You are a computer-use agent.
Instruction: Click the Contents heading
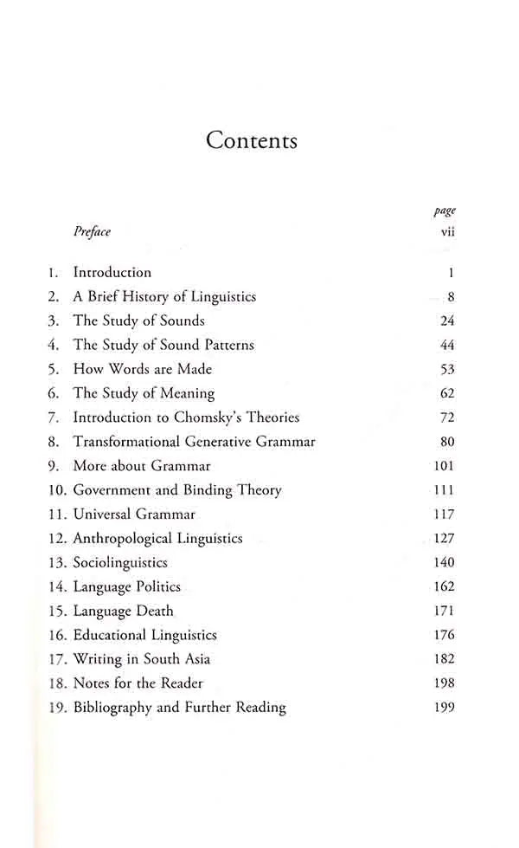pyautogui.click(x=252, y=140)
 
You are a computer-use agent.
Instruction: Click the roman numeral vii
pyautogui.click(x=447, y=232)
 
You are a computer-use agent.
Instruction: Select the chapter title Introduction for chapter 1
pyautogui.click(x=112, y=272)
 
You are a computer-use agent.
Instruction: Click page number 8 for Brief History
pyautogui.click(x=452, y=296)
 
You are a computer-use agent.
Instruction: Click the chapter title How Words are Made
pyautogui.click(x=142, y=369)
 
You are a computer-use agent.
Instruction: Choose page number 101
pyautogui.click(x=444, y=465)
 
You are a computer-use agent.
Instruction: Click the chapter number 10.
pyautogui.click(x=57, y=489)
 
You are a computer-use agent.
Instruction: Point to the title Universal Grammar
pyautogui.click(x=134, y=514)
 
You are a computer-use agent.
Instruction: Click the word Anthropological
pyautogui.click(x=122, y=538)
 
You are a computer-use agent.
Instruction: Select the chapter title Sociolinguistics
pyautogui.click(x=120, y=562)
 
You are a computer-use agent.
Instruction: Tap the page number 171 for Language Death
pyautogui.click(x=444, y=611)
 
